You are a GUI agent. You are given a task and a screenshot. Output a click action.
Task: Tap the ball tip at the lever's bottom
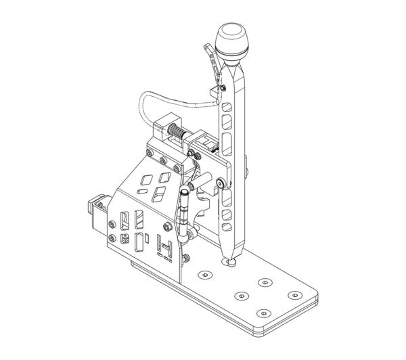tap(231, 261)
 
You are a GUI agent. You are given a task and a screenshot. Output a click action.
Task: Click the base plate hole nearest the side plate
tap(204, 275)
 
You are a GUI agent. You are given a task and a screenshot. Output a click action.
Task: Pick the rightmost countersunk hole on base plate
tap(294, 295)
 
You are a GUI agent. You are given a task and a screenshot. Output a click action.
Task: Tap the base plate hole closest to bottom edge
tap(263, 313)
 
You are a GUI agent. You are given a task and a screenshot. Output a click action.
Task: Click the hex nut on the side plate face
tap(125, 238)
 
